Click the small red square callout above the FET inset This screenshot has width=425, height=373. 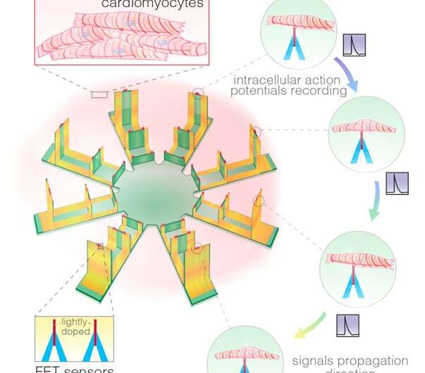pos(101,246)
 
